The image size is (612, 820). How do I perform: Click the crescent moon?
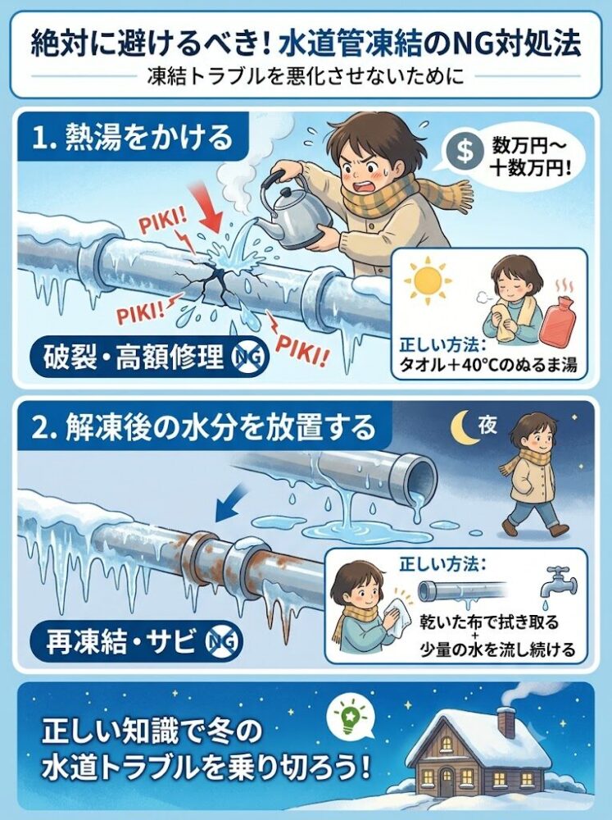click(x=464, y=427)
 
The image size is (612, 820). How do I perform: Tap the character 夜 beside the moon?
click(x=488, y=426)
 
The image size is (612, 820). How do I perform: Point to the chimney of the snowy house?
click(x=505, y=722)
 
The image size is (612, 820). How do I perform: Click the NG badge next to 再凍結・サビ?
click(x=223, y=642)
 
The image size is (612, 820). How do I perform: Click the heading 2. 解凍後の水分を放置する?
click(x=204, y=428)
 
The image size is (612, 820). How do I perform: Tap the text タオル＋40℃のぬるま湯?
click(x=487, y=364)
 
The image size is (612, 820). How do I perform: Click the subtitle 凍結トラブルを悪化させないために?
click(x=306, y=76)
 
